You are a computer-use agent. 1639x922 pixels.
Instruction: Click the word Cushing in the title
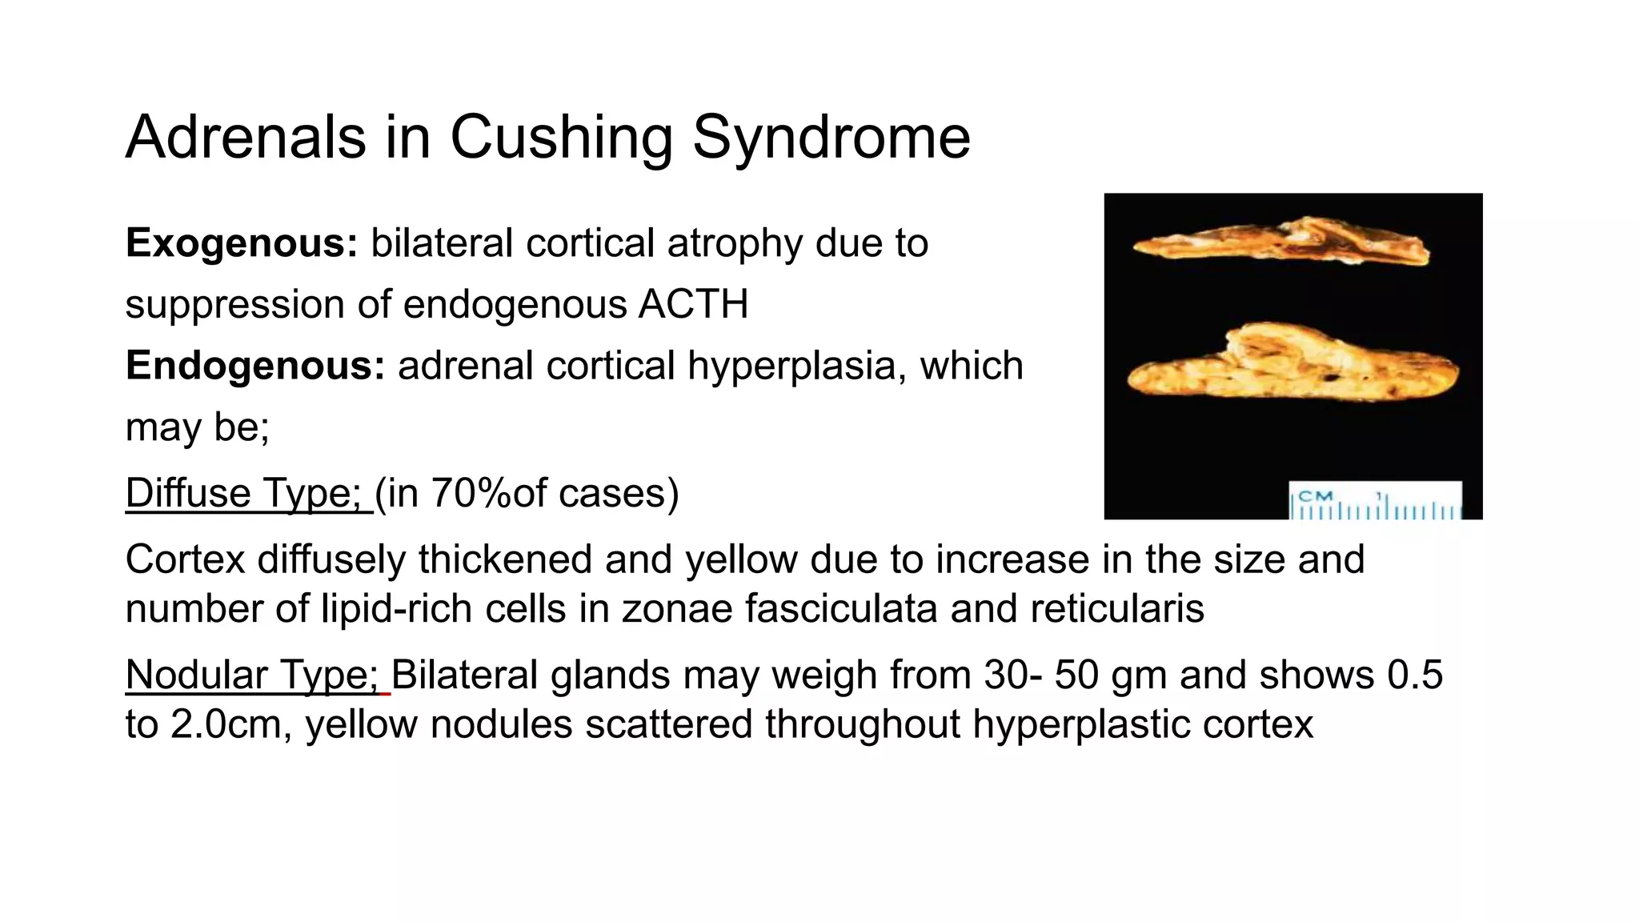tap(560, 138)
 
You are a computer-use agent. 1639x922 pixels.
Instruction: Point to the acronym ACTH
tap(693, 305)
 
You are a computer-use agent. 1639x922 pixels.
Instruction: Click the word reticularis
tap(1117, 608)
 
